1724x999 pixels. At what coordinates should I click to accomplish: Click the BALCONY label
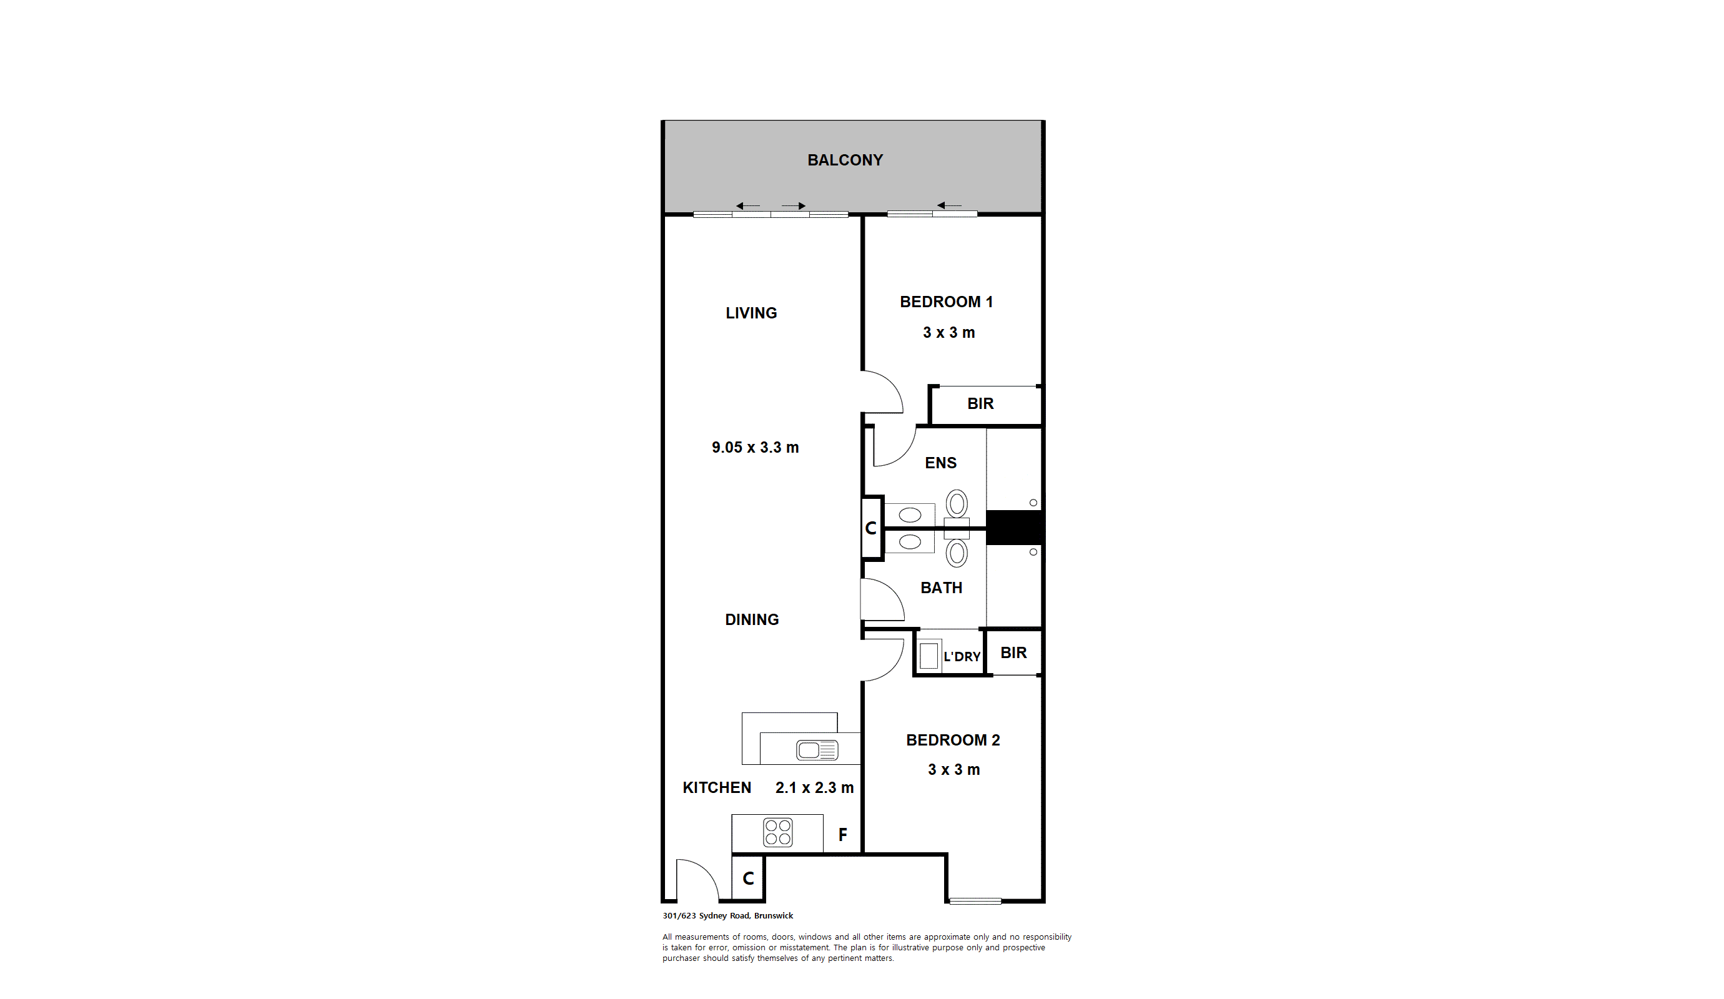[x=845, y=160]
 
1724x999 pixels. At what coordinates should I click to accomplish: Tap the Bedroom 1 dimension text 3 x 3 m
[x=948, y=333]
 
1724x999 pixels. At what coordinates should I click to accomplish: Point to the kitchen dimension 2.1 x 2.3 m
[x=814, y=787]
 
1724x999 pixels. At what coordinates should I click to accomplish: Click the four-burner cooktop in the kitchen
[x=778, y=833]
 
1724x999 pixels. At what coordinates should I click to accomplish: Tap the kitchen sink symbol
[x=817, y=750]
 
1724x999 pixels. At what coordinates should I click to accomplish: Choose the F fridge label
[x=843, y=835]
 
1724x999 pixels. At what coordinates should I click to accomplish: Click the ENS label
[x=940, y=463]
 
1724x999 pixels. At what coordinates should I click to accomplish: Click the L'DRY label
[x=962, y=657]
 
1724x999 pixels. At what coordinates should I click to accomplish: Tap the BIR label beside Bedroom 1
[x=980, y=404]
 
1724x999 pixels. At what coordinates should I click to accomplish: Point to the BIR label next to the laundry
[x=1013, y=652]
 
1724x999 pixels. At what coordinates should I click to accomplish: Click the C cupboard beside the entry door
[x=749, y=878]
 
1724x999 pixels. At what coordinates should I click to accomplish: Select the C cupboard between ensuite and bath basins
[x=871, y=528]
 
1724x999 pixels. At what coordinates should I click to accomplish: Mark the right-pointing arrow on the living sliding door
[x=794, y=206]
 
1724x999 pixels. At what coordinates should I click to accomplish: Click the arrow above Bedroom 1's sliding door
[x=950, y=205]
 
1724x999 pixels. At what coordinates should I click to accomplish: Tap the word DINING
[x=752, y=620]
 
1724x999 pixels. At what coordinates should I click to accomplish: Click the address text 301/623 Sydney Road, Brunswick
[x=728, y=915]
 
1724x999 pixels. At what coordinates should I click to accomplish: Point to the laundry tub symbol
[x=928, y=656]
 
